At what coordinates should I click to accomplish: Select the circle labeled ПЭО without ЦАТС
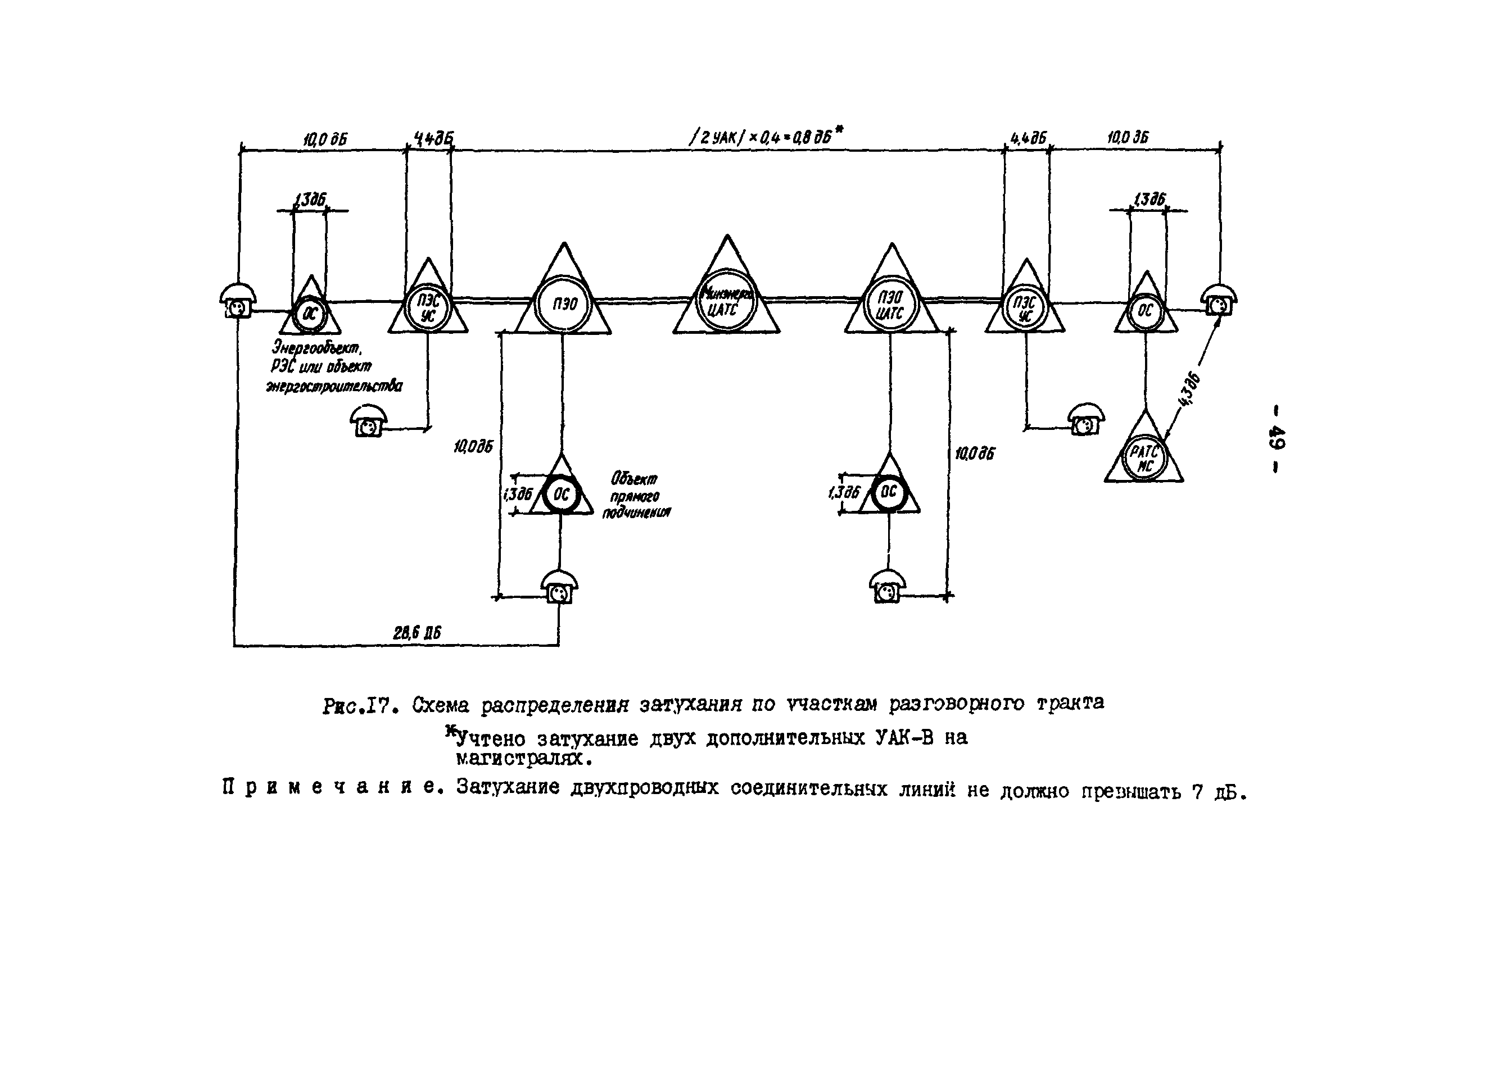click(x=563, y=304)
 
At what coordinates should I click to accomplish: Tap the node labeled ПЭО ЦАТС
click(x=890, y=306)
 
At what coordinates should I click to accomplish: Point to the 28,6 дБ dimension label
click(x=417, y=633)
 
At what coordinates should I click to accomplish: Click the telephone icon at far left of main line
click(x=237, y=302)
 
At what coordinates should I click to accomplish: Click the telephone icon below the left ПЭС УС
click(x=368, y=423)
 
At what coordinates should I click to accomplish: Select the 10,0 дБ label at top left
click(x=325, y=139)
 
